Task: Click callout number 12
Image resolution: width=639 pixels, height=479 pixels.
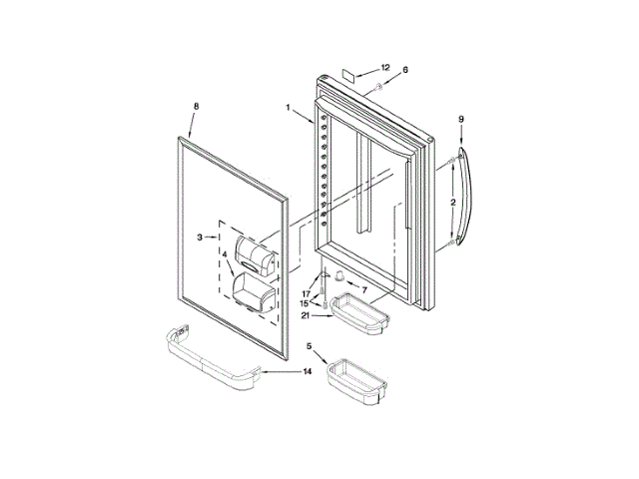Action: tap(385, 67)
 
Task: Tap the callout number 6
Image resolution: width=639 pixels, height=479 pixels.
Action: tap(406, 70)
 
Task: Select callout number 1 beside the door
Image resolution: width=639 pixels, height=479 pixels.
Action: tap(288, 107)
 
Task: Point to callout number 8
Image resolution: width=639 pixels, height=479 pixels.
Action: tap(196, 106)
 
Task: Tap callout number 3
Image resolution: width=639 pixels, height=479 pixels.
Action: tap(200, 237)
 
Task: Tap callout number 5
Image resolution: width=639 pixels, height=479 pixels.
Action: tap(309, 346)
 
